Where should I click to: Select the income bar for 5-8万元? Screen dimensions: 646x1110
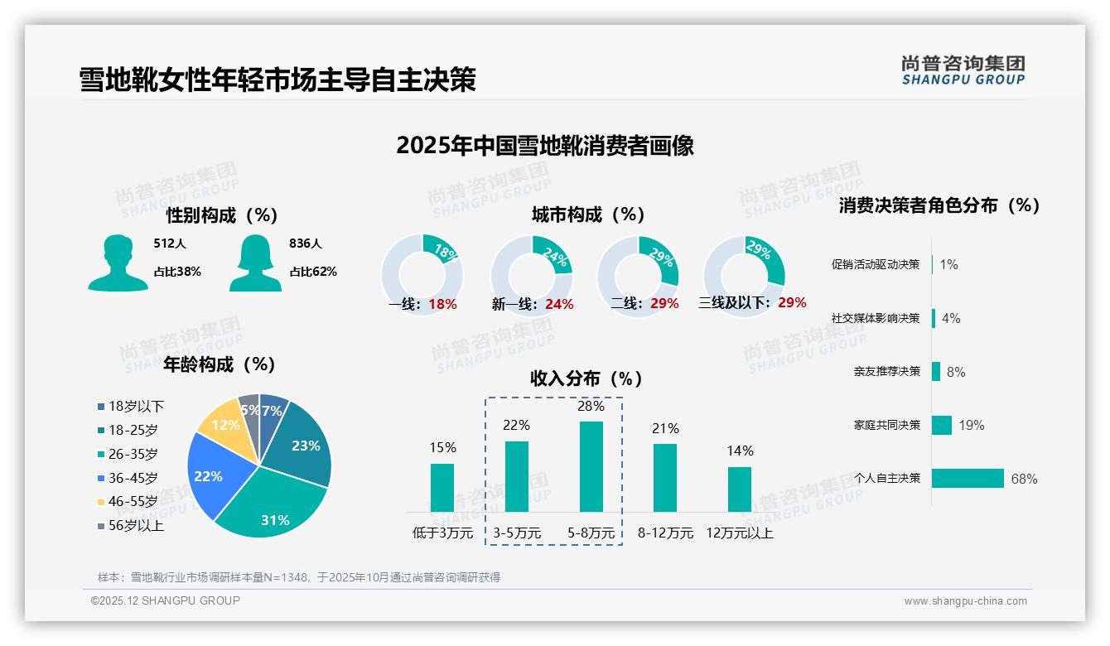(591, 466)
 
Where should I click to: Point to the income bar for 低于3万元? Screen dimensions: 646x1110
(442, 487)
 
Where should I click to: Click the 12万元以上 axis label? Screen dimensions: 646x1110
(740, 533)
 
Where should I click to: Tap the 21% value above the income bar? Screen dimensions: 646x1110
(665, 428)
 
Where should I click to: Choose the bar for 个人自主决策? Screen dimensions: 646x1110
(968, 479)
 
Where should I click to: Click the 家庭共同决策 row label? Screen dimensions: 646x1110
(887, 425)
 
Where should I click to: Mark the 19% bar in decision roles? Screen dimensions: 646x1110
(942, 425)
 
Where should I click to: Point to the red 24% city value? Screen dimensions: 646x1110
(559, 305)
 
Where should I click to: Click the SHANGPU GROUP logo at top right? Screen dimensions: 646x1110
(963, 70)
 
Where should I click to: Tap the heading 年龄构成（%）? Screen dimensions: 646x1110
(220, 364)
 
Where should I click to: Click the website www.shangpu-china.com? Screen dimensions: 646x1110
(965, 601)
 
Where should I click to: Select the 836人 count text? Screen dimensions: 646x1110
(305, 243)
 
